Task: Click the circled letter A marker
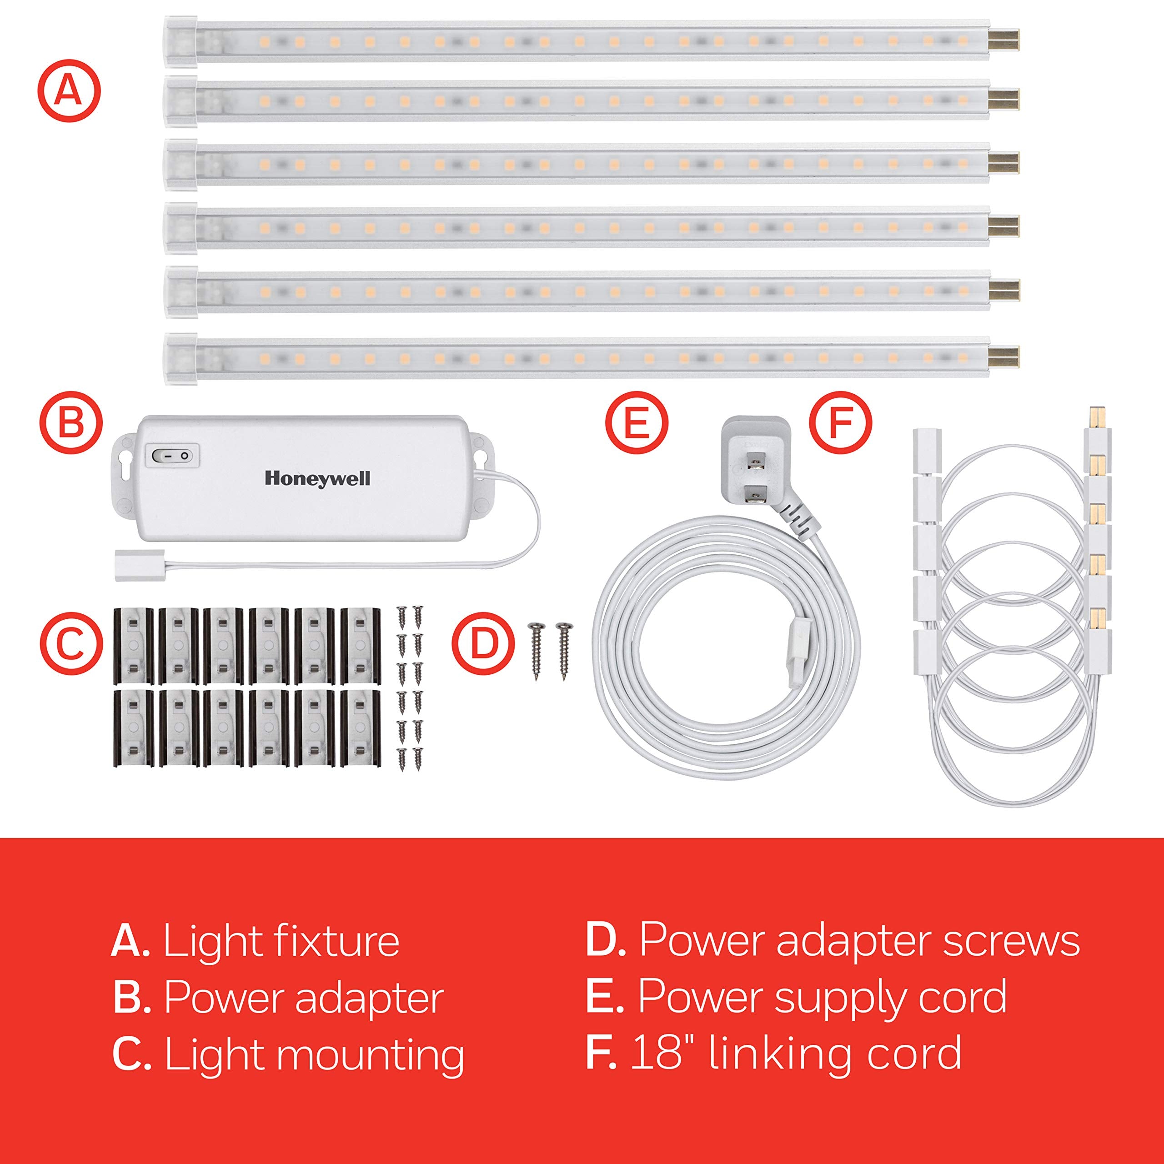(69, 91)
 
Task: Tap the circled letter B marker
(71, 422)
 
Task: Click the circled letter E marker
(637, 422)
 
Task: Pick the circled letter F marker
(840, 422)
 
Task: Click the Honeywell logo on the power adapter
(317, 479)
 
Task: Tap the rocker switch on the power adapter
(173, 456)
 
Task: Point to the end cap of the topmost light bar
(180, 39)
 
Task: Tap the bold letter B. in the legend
(131, 998)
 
